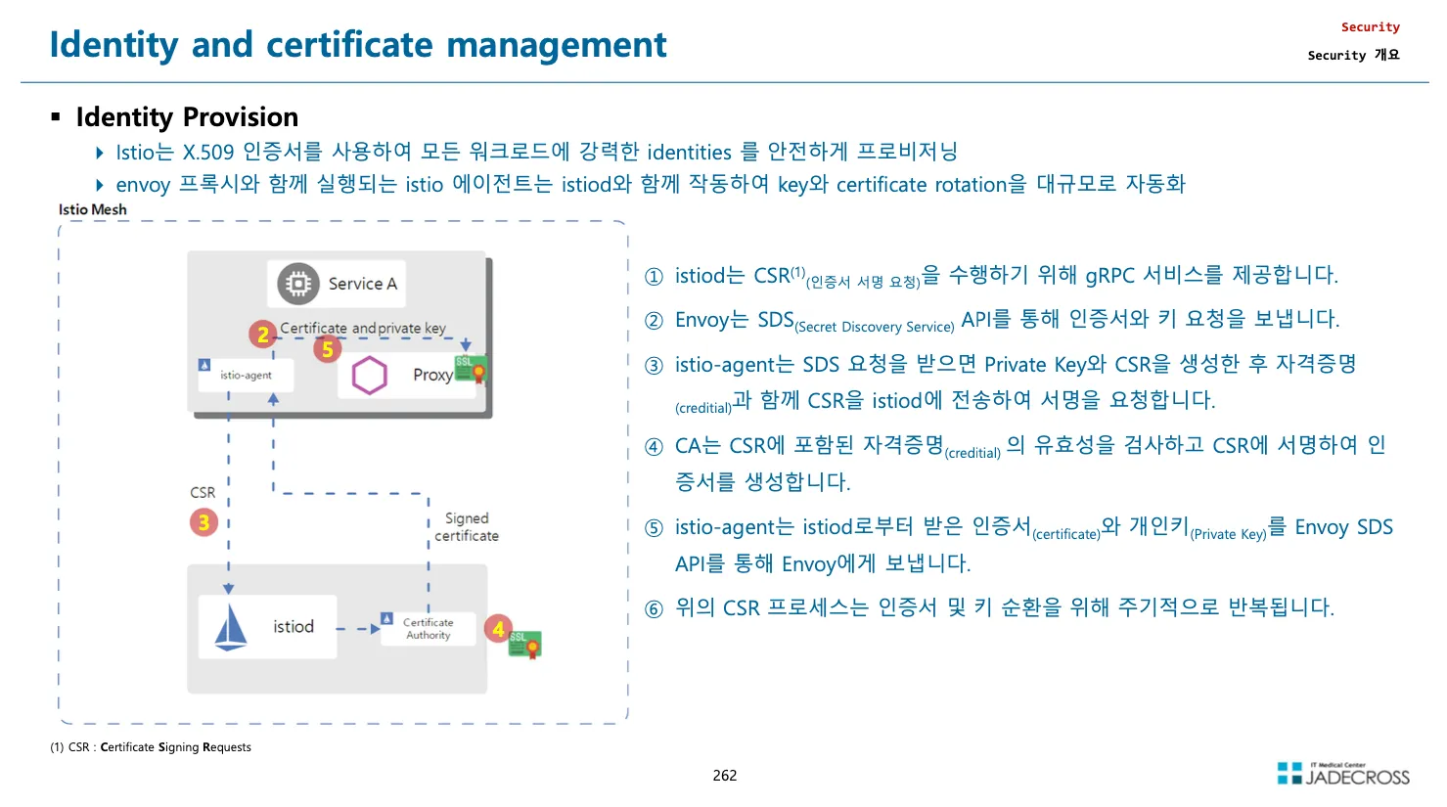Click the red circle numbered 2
(262, 335)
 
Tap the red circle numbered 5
(328, 349)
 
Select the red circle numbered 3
(203, 521)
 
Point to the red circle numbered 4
(498, 629)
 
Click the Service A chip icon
(297, 284)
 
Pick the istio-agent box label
(246, 375)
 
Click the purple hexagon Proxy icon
(370, 375)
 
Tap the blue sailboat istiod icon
(231, 627)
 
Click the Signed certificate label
(467, 526)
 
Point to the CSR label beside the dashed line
(203, 492)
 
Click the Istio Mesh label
(92, 209)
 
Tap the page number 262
(725, 775)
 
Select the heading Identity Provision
(187, 117)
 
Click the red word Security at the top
(1370, 27)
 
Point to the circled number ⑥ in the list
(654, 608)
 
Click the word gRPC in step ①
(1110, 276)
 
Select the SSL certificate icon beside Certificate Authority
(525, 644)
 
